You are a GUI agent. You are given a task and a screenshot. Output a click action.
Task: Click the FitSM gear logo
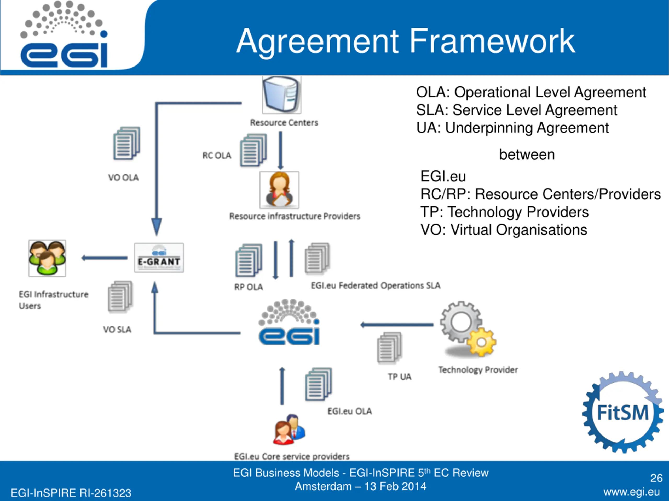pos(622,413)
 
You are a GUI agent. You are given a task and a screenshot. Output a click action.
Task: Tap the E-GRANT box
pos(159,258)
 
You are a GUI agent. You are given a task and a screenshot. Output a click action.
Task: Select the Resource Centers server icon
pos(281,95)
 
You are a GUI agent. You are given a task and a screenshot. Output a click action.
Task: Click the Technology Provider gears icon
pos(467,329)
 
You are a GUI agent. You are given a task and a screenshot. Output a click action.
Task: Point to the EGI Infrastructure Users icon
pos(47,258)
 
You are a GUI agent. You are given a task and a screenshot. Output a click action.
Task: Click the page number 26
pos(656,478)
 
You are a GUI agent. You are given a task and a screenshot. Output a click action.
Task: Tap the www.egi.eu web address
pos(631,492)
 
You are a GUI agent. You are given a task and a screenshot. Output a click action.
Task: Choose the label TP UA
pos(400,377)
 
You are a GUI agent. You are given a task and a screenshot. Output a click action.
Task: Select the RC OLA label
pos(217,156)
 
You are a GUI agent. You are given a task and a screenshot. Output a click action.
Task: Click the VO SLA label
pos(117,330)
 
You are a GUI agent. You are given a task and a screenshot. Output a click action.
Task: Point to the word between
pos(527,155)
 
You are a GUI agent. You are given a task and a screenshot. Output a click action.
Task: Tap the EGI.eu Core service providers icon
pos(289,430)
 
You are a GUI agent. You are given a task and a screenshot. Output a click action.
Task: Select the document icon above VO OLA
pos(127,143)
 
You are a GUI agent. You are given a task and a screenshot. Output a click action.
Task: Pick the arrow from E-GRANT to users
pos(105,258)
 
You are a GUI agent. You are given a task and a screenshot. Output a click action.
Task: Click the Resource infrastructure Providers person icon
pos(279,190)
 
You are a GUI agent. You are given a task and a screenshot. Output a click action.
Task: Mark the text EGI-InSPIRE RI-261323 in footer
pos(71,493)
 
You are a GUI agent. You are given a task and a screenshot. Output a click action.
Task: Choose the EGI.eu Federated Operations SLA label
pos(375,285)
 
